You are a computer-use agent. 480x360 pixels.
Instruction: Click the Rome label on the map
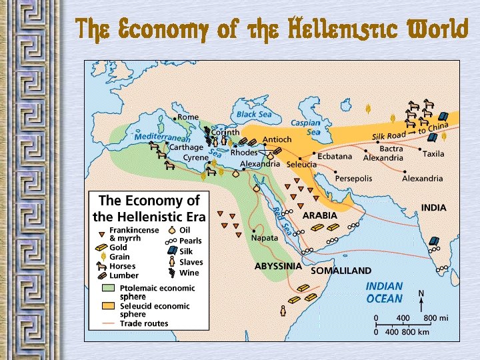187,117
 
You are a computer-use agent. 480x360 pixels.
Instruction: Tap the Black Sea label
255,115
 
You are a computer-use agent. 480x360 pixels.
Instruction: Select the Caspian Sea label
305,127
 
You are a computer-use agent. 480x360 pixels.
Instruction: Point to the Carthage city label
186,147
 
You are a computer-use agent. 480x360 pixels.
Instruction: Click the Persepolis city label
354,179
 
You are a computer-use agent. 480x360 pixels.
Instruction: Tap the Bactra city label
391,149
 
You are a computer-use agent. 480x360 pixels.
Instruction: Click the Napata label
265,237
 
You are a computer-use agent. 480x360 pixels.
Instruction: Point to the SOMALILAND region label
341,271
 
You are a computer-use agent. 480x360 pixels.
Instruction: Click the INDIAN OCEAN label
385,293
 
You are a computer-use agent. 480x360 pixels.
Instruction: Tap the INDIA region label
433,208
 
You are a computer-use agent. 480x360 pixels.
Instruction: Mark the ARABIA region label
320,216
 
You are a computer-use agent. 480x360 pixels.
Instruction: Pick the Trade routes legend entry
143,323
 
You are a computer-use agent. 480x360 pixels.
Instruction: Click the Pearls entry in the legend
190,241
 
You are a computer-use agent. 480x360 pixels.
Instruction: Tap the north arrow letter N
420,293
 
